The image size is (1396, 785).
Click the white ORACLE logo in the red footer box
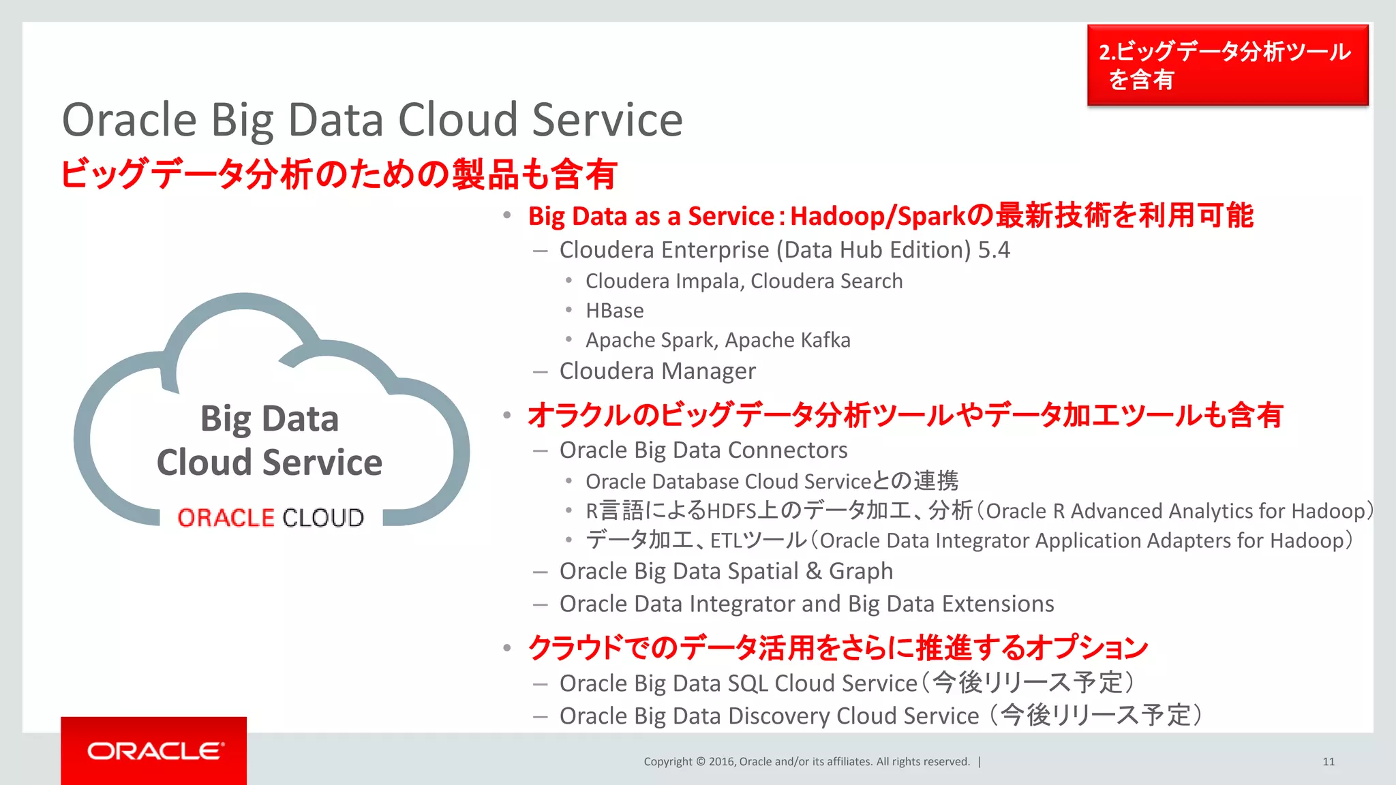point(155,751)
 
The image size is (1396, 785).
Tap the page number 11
point(1328,762)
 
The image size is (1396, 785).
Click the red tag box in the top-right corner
point(1227,65)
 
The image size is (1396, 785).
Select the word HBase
point(614,311)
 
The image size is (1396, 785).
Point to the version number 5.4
point(993,250)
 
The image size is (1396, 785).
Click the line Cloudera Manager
point(657,371)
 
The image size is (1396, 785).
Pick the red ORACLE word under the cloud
point(226,518)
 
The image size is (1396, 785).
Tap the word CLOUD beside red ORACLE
point(323,518)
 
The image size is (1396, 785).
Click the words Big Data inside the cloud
point(269,418)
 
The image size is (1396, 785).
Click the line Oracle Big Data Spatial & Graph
point(726,571)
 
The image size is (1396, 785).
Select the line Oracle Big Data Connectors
point(703,450)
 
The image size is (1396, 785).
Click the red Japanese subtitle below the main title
point(339,174)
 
